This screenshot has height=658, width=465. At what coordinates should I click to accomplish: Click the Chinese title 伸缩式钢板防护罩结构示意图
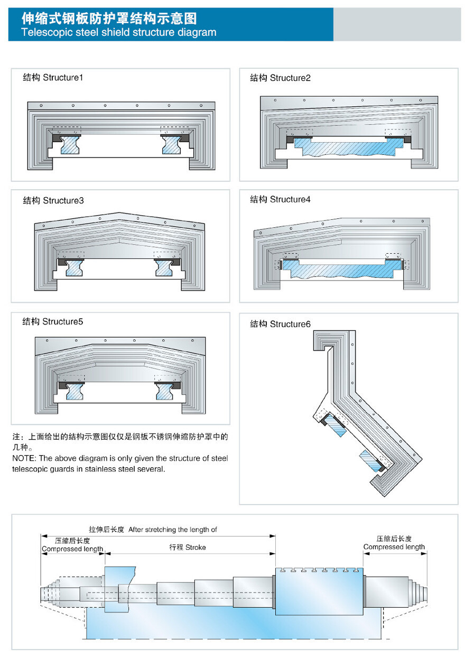tap(109, 19)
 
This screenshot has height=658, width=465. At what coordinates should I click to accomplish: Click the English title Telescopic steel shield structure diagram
tap(119, 32)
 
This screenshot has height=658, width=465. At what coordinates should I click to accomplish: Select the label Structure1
tap(53, 78)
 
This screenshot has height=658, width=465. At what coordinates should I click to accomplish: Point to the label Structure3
tap(53, 200)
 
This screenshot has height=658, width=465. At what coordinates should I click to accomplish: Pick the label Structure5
tap(53, 321)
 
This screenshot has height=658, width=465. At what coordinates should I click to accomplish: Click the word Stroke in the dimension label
tap(196, 547)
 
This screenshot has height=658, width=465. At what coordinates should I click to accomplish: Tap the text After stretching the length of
tap(172, 529)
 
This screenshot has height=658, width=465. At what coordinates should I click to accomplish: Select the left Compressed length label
tap(72, 549)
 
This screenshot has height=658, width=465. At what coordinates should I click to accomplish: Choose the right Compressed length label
tap(394, 546)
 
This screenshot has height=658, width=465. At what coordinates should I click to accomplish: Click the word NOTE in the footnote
tap(24, 458)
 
